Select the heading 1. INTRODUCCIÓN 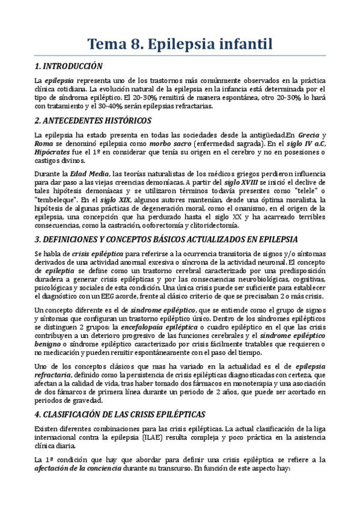[69, 66]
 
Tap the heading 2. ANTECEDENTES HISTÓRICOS [93, 121]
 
